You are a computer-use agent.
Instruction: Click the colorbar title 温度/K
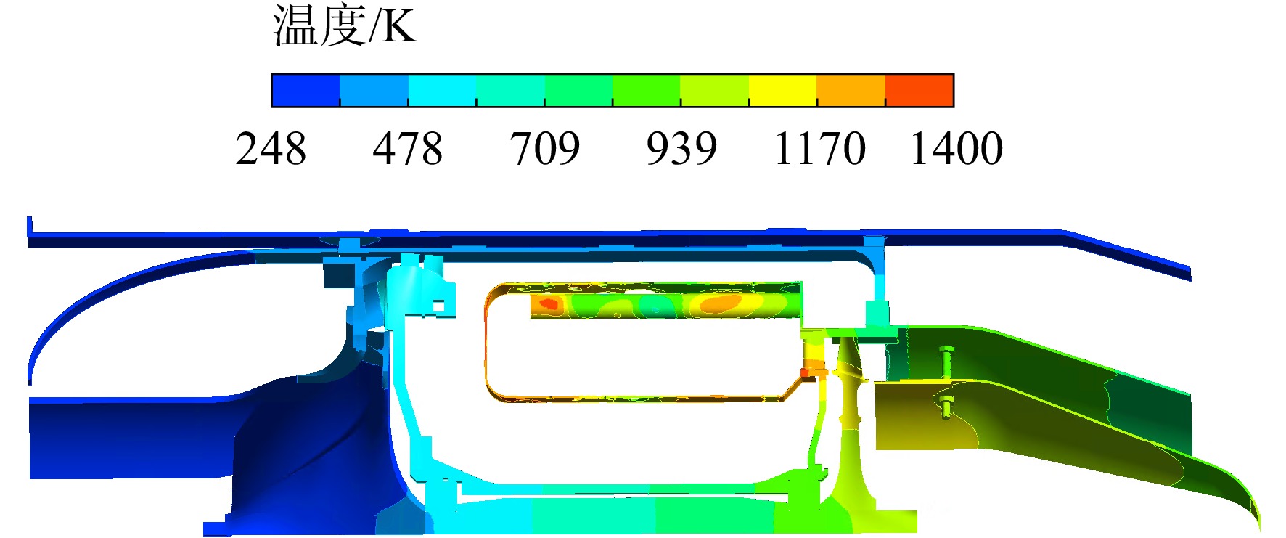(345, 26)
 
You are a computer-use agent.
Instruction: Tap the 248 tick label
(271, 149)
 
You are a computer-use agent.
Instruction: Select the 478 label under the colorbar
(407, 149)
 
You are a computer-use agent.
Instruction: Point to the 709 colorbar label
(544, 149)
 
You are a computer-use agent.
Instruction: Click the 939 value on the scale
(681, 149)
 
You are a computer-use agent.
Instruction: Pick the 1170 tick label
(820, 149)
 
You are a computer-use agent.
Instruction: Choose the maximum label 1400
(957, 149)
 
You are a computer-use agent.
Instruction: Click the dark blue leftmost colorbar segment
(306, 90)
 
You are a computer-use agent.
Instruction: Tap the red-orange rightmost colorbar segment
(920, 90)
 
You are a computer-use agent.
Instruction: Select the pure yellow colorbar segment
(783, 90)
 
